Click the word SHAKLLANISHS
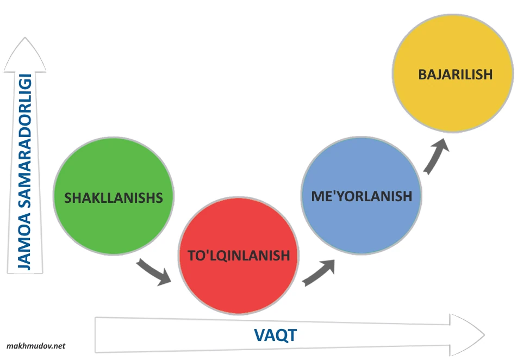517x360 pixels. coord(113,198)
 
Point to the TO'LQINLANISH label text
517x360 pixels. coord(238,256)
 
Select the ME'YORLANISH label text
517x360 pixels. coord(362,196)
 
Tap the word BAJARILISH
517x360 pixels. coord(455,75)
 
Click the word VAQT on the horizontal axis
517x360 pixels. coord(275,335)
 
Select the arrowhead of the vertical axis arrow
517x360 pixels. coord(24,54)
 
